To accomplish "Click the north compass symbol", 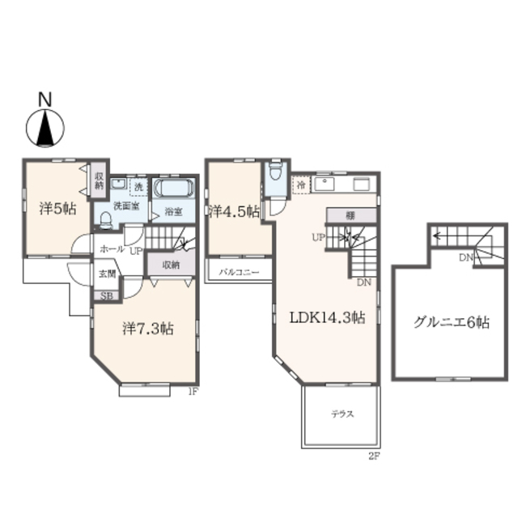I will tap(45, 128).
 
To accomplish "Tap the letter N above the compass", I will tap(45, 100).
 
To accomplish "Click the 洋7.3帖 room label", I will tap(147, 329).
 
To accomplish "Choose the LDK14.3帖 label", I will tap(327, 317).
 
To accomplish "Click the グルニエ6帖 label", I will tap(451, 321).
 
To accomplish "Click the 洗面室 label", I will tap(125, 206).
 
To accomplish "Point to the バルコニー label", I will tap(240, 273).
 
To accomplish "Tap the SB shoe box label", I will tap(107, 296).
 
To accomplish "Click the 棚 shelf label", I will tap(350, 215).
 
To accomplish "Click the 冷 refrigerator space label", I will tap(299, 184).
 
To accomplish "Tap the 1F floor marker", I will tap(193, 392).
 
